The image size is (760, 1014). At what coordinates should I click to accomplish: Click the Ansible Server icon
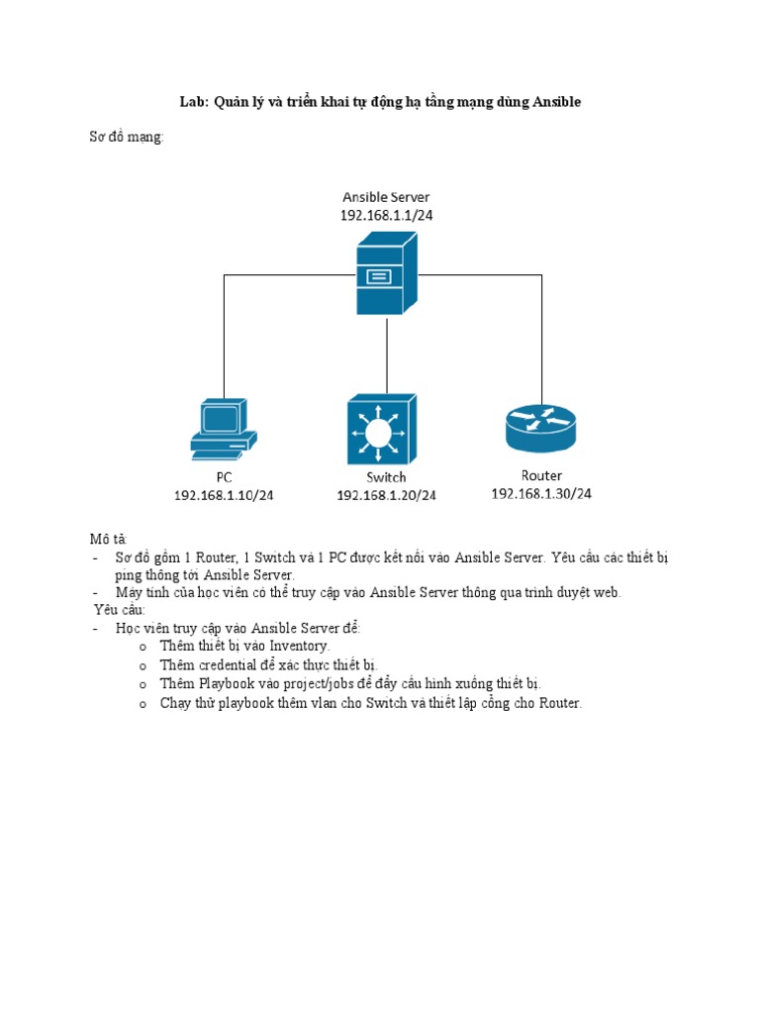[386, 274]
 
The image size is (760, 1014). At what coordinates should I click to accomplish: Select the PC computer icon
[224, 429]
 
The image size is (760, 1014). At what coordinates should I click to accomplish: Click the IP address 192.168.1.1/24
[386, 214]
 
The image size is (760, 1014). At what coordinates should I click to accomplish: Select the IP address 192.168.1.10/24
[224, 495]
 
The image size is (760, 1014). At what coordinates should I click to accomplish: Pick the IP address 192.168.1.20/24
[386, 495]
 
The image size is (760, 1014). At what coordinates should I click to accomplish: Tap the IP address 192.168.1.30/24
[541, 493]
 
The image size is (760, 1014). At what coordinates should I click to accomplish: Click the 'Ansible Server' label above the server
[386, 197]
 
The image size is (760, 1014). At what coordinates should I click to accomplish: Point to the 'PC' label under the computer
[224, 478]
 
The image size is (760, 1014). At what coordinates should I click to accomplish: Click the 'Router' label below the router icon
[541, 476]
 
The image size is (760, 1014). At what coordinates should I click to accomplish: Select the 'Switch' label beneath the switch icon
[386, 477]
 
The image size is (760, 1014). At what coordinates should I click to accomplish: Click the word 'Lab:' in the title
[193, 102]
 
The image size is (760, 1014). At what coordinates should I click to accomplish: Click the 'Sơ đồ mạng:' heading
[127, 138]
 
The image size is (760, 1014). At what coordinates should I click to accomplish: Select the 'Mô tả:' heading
[108, 540]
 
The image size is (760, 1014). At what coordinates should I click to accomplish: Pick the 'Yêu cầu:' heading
[120, 610]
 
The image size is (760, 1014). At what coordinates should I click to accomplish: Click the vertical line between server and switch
[387, 352]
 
